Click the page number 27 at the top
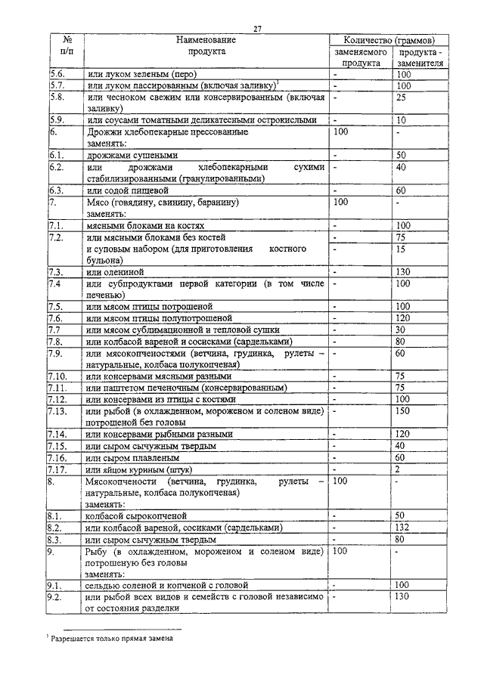257,28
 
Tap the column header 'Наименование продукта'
206,45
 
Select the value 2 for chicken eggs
397,469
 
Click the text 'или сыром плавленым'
133,457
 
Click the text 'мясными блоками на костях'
146,225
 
